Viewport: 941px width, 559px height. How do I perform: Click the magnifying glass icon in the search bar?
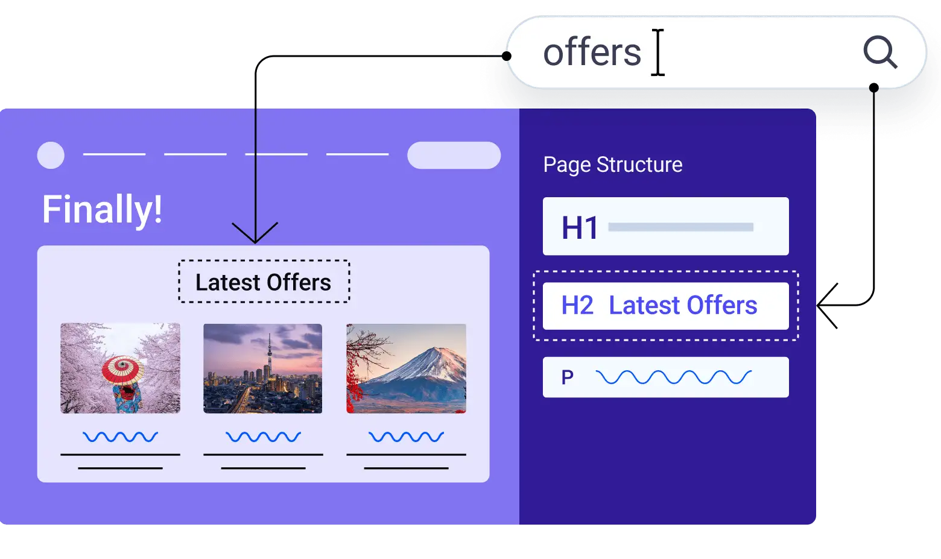tap(880, 52)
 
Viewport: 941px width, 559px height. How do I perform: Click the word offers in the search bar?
tap(592, 52)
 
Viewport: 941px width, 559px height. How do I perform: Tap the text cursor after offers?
tap(658, 52)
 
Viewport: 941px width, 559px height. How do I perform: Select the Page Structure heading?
tap(612, 165)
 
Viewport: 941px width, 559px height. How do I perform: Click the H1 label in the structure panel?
tap(580, 227)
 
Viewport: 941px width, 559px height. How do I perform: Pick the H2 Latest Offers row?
tap(665, 306)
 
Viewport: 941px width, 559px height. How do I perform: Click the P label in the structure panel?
tap(567, 377)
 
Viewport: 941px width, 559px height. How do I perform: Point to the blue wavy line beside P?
tap(673, 377)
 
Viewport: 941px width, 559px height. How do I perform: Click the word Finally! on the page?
tap(102, 209)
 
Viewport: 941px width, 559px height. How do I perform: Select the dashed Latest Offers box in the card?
tap(264, 282)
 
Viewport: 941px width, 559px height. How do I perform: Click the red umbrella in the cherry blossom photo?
tap(122, 369)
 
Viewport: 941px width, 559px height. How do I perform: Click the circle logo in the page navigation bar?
tap(51, 155)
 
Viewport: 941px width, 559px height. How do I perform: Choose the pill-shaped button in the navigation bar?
tap(454, 155)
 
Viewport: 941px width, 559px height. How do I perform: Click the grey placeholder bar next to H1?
tap(680, 227)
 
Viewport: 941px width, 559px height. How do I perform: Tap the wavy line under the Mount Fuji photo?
tap(406, 437)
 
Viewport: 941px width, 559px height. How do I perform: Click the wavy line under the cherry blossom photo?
tap(120, 437)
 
